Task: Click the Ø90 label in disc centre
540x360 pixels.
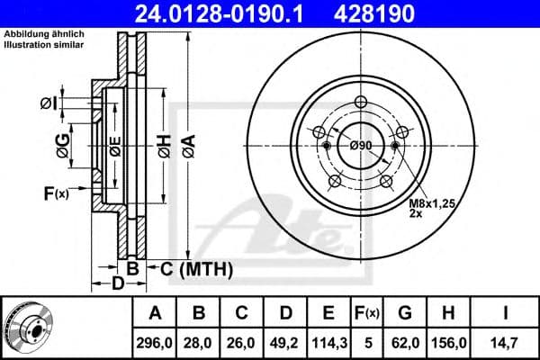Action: (x=361, y=147)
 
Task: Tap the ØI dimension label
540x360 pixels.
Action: (x=50, y=103)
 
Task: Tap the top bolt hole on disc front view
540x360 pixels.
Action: (x=360, y=102)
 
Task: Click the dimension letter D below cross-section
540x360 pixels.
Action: (x=118, y=286)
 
